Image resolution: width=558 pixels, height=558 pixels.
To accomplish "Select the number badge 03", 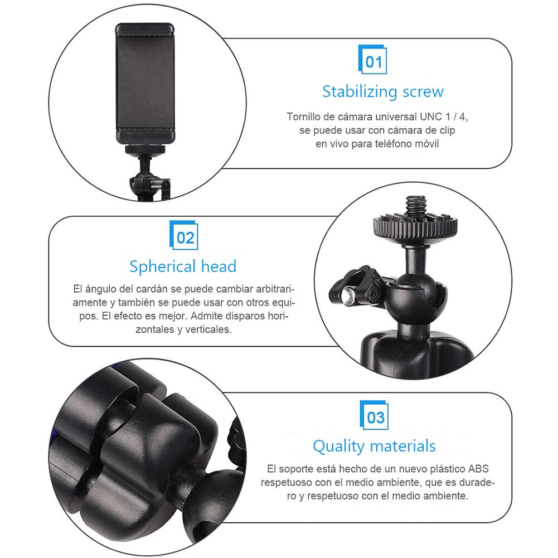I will (375, 416).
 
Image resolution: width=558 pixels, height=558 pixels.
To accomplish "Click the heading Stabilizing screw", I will (382, 91).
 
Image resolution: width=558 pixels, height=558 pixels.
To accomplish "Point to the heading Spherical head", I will (183, 266).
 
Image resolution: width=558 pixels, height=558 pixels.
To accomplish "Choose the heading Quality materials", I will (374, 446).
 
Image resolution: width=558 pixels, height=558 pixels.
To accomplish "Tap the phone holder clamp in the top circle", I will (145, 84).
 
